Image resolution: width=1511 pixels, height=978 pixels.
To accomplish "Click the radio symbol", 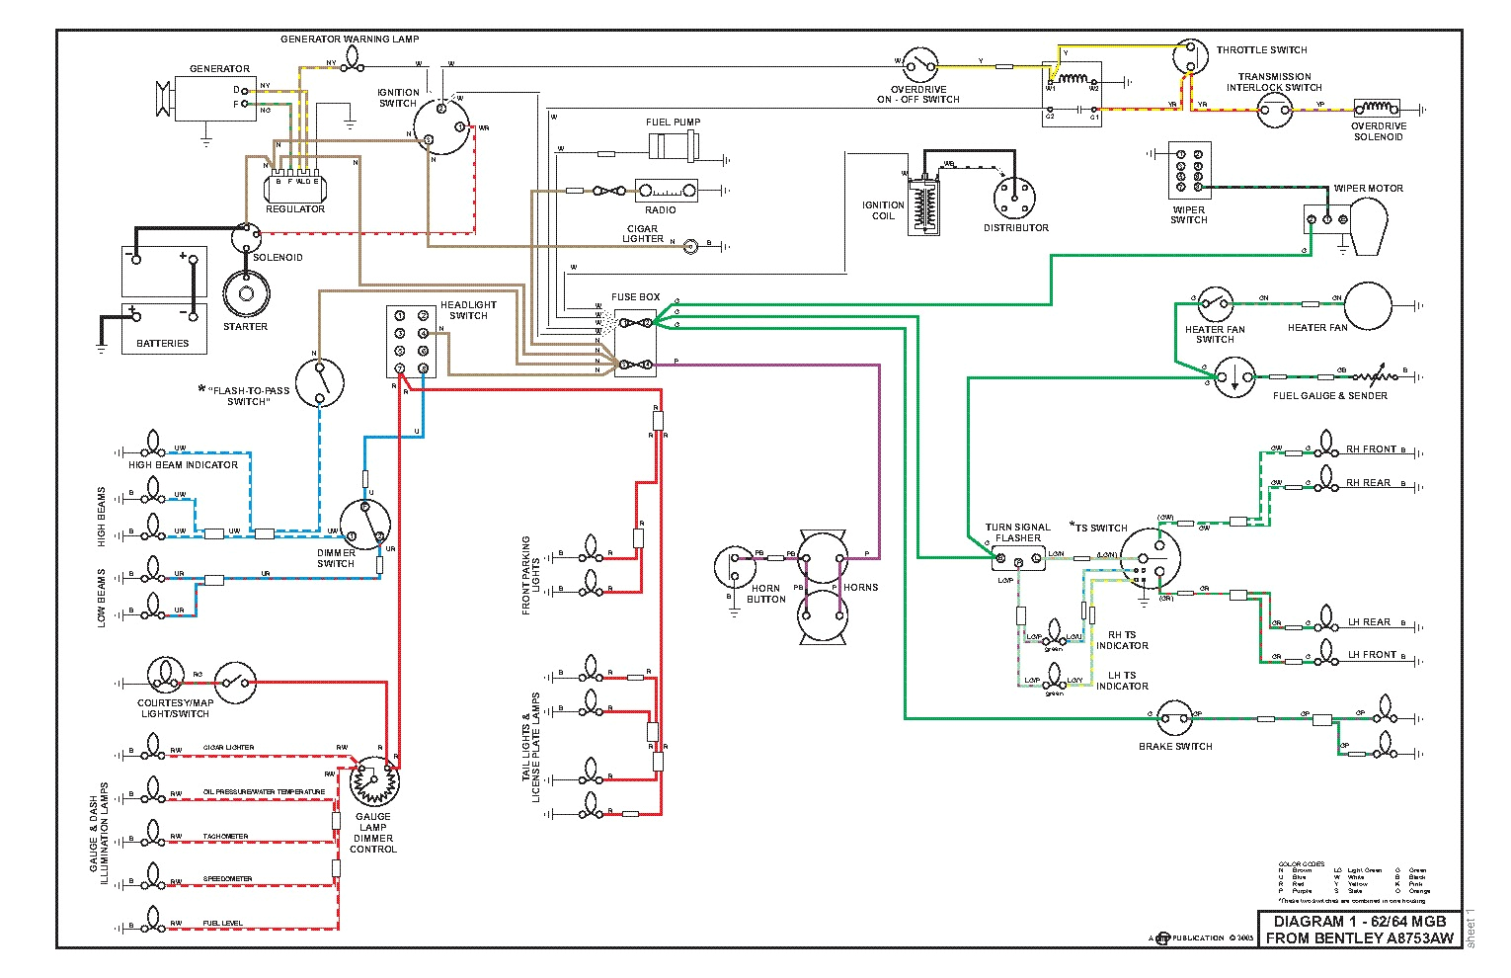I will click(x=666, y=191).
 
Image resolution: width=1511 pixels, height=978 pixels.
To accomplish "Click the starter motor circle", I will click(x=246, y=293).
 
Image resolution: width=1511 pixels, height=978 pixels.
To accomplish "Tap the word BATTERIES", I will click(x=163, y=344).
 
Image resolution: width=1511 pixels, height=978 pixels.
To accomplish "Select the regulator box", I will click(x=294, y=186).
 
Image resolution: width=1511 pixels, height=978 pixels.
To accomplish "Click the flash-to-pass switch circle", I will click(x=320, y=382).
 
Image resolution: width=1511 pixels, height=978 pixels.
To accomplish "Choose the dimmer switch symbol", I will click(x=364, y=524).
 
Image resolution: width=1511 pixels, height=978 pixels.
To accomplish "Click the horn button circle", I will click(x=735, y=567).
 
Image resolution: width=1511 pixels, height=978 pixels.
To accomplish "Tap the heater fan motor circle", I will click(x=1368, y=305).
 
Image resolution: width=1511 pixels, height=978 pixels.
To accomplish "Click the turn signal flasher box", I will click(x=1018, y=558).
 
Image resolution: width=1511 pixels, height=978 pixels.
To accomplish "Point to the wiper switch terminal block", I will click(x=1189, y=171).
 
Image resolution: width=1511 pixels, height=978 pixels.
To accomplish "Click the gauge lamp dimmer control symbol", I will click(x=374, y=782).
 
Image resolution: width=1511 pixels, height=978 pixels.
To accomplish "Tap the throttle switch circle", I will click(x=1190, y=57).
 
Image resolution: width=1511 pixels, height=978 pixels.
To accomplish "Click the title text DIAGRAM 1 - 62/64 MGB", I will click(x=1359, y=921).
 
